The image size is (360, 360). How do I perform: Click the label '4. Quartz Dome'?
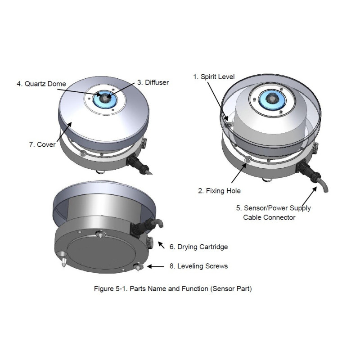point(41,84)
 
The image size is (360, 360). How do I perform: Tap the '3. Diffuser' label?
point(153,82)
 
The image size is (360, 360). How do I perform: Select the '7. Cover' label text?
point(42,144)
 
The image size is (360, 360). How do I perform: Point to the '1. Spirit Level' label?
point(214,76)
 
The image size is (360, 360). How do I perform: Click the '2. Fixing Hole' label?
point(219,191)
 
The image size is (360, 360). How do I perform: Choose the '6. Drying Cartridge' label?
point(198,247)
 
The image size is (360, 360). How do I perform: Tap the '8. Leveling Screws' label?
point(198,266)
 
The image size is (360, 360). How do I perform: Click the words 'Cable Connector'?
point(269,217)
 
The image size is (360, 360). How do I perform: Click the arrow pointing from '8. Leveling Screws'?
point(156,266)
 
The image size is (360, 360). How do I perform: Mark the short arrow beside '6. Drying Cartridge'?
point(161,245)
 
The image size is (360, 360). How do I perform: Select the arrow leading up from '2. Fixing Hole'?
point(239,173)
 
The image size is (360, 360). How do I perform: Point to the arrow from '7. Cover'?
point(64,132)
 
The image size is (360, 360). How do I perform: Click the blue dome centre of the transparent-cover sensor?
point(272,99)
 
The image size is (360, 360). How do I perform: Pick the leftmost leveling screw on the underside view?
point(63,262)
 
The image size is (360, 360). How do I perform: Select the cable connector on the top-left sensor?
point(138,164)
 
